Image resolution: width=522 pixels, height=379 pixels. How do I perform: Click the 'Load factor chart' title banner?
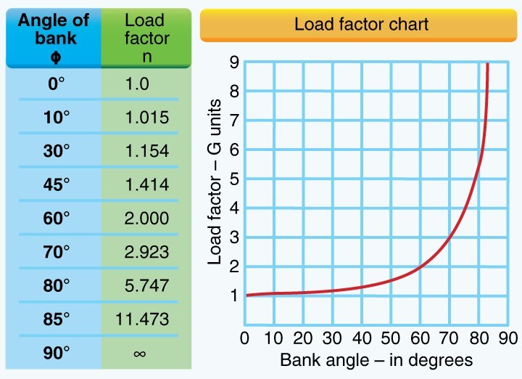pyautogui.click(x=361, y=24)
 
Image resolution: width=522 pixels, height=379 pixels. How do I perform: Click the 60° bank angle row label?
pyautogui.click(x=57, y=219)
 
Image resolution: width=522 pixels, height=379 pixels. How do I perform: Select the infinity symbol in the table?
pyautogui.click(x=139, y=353)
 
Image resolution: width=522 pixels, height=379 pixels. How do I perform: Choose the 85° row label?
pyautogui.click(x=57, y=319)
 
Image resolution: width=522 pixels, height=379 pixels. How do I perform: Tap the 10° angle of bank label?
pyautogui.click(x=57, y=118)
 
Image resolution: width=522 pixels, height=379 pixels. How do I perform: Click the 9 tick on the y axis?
pyautogui.click(x=233, y=63)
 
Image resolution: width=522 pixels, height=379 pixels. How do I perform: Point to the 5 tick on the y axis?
pyautogui.click(x=233, y=179)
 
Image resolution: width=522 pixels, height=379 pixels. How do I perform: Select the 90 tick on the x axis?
pyautogui.click(x=508, y=338)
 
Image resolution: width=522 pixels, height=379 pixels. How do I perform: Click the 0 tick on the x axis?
pyautogui.click(x=245, y=338)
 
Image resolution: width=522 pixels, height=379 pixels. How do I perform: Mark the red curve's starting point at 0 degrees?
pyautogui.click(x=246, y=295)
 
